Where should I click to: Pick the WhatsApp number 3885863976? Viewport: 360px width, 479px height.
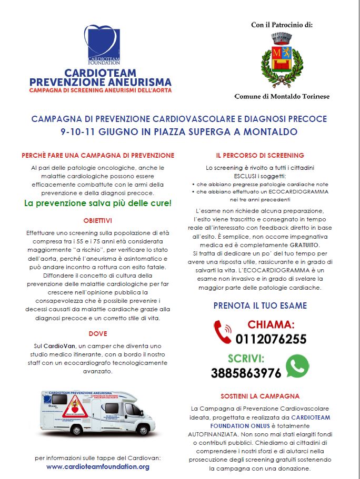coord(246,373)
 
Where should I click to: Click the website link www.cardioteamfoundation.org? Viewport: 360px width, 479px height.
coord(98,466)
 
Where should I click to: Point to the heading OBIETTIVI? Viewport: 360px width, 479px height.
coord(98,220)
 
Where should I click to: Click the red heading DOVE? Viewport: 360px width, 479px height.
coord(98,333)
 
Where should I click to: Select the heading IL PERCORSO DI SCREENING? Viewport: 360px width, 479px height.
coord(260,156)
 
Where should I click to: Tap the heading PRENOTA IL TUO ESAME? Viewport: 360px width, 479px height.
coord(260,305)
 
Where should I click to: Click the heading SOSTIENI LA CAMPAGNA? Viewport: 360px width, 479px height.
coord(260,396)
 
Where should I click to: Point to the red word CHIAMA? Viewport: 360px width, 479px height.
coord(271,324)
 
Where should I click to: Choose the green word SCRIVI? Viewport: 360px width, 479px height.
coord(246,359)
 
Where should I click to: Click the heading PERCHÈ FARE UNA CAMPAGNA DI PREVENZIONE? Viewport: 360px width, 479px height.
coord(98,156)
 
